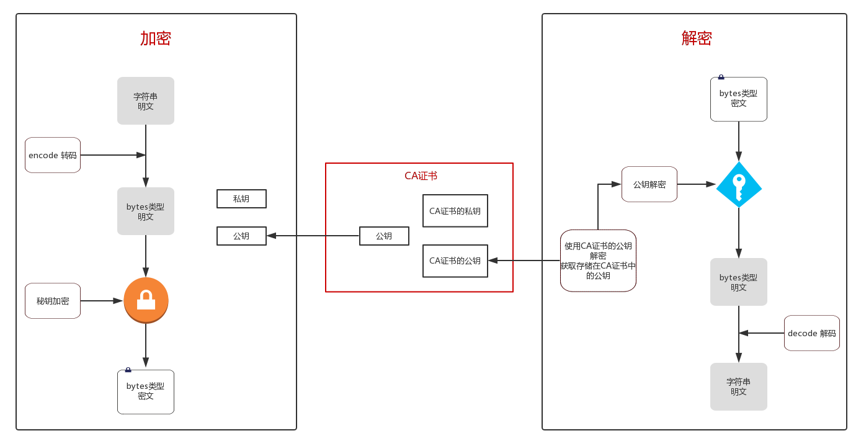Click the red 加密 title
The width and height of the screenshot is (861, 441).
click(x=155, y=38)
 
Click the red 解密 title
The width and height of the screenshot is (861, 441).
click(x=697, y=38)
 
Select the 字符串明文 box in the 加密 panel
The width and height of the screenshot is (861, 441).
click(x=146, y=101)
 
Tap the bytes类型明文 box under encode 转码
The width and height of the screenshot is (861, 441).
click(x=146, y=212)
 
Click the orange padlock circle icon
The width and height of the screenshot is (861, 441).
click(x=146, y=300)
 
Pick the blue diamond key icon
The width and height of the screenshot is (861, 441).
click(x=739, y=184)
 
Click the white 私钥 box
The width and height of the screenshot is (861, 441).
click(x=241, y=198)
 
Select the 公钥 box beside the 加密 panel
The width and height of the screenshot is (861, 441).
click(x=241, y=236)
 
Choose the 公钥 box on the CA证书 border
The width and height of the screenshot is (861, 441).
click(x=384, y=236)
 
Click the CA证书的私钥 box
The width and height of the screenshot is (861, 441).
click(x=455, y=211)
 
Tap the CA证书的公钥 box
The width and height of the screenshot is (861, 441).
click(x=455, y=261)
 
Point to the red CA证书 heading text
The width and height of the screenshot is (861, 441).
click(x=421, y=176)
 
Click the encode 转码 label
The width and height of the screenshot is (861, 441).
click(x=53, y=155)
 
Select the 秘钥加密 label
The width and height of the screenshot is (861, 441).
click(x=53, y=301)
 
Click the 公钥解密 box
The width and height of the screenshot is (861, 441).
click(x=649, y=184)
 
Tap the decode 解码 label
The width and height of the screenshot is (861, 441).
click(x=811, y=333)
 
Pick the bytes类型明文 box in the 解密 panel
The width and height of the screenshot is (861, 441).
click(x=738, y=282)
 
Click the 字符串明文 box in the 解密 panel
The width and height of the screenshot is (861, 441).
click(x=738, y=386)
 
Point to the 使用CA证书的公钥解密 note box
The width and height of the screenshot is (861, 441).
click(x=598, y=261)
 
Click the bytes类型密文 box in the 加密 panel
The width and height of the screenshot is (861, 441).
click(x=146, y=391)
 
